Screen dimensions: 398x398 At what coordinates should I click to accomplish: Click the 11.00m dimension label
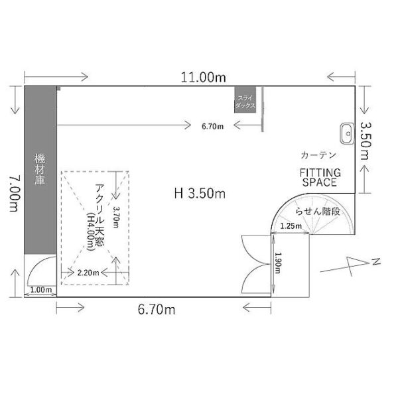tap(203, 77)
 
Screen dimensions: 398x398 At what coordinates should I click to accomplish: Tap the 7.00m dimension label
tap(15, 194)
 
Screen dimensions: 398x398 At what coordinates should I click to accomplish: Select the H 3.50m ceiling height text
tap(200, 194)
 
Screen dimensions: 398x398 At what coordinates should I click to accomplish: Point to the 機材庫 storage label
tap(40, 168)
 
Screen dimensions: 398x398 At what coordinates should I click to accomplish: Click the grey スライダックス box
tap(245, 99)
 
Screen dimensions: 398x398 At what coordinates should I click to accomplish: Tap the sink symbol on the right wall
tap(347, 134)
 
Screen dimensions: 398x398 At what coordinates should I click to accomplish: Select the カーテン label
tap(318, 155)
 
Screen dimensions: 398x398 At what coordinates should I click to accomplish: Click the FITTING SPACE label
tap(320, 177)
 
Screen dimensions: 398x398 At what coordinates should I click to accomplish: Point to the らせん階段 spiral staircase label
tap(318, 211)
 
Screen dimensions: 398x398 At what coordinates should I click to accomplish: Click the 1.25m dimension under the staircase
tap(291, 226)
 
